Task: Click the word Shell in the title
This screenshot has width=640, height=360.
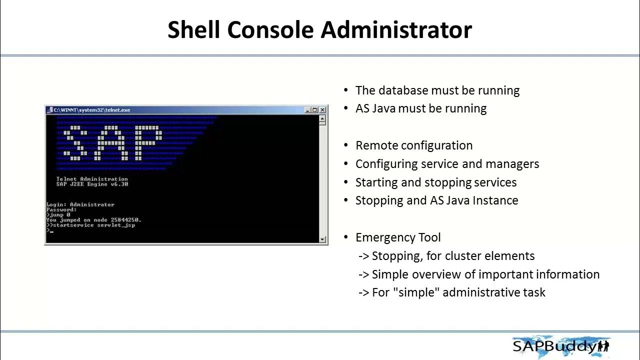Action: click(193, 30)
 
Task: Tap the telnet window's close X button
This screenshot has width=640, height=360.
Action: click(322, 110)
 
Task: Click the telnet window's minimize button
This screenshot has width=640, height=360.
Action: click(307, 110)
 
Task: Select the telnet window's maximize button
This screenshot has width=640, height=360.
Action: click(315, 110)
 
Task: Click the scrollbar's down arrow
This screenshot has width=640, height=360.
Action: click(322, 239)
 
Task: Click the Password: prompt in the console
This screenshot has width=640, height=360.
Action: click(61, 209)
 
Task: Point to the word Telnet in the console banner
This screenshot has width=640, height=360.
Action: click(66, 179)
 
